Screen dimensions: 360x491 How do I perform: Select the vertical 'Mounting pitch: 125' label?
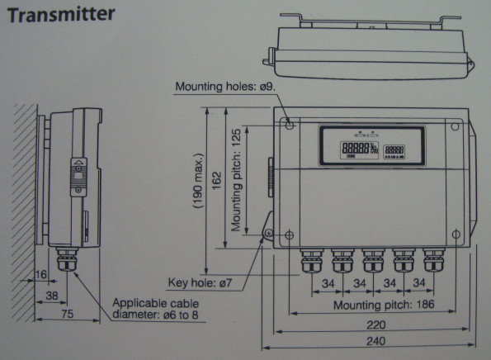tap(237, 180)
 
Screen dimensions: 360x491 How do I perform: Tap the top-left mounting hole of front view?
tap(288, 124)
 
